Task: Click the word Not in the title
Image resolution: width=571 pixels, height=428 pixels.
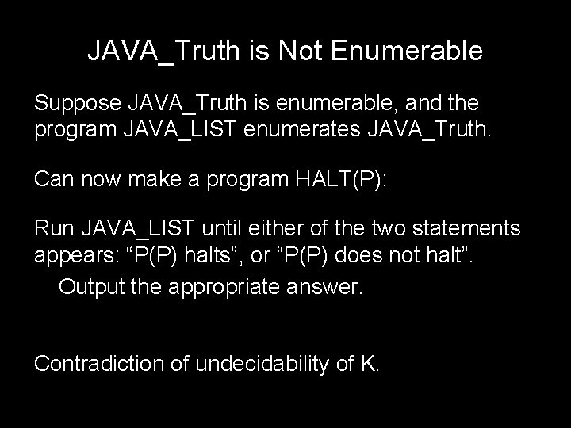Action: pos(303,51)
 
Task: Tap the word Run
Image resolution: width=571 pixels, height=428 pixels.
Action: pos(54,230)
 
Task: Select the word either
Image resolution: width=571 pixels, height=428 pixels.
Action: pos(287,230)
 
